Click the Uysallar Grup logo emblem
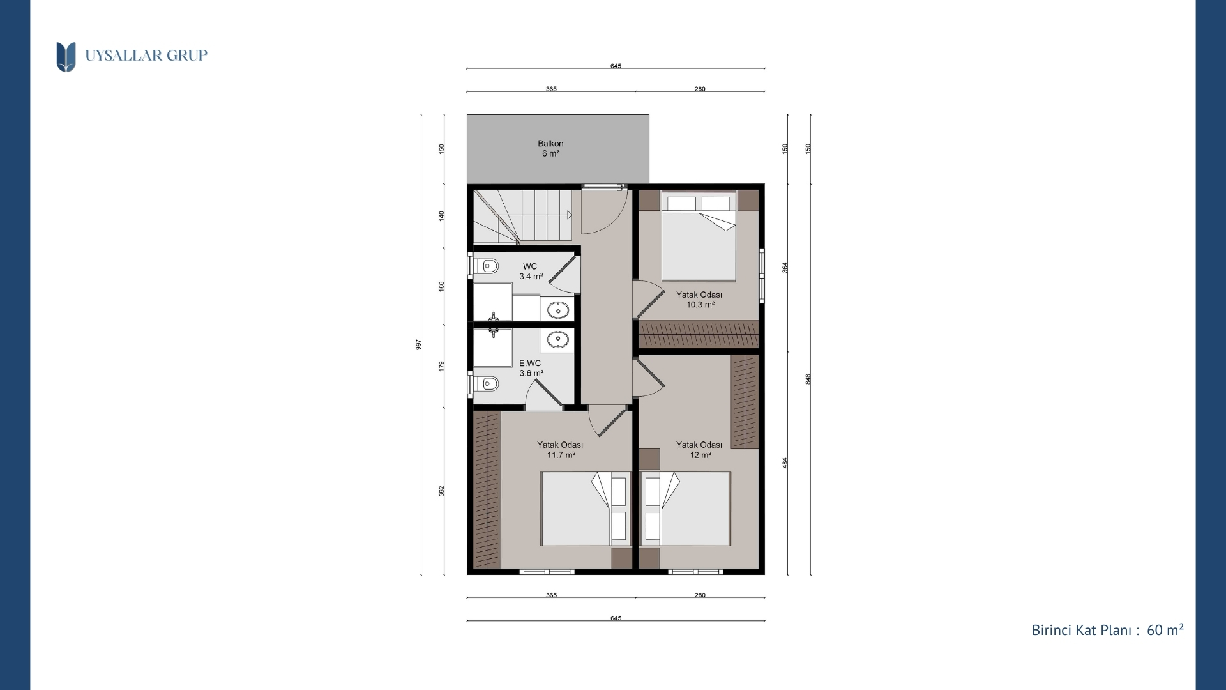66,57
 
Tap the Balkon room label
550,144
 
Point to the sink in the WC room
558,310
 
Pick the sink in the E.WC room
558,339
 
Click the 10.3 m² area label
700,305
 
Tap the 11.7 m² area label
561,455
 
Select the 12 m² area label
700,455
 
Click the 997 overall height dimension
419,345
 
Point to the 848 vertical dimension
808,379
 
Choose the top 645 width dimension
616,66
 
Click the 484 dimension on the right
785,463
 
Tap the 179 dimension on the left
441,367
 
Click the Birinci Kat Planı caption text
1082,631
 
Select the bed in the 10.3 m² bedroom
699,236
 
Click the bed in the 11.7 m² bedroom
586,509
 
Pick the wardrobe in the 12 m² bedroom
745,402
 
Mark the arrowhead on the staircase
570,215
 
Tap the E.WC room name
530,363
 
